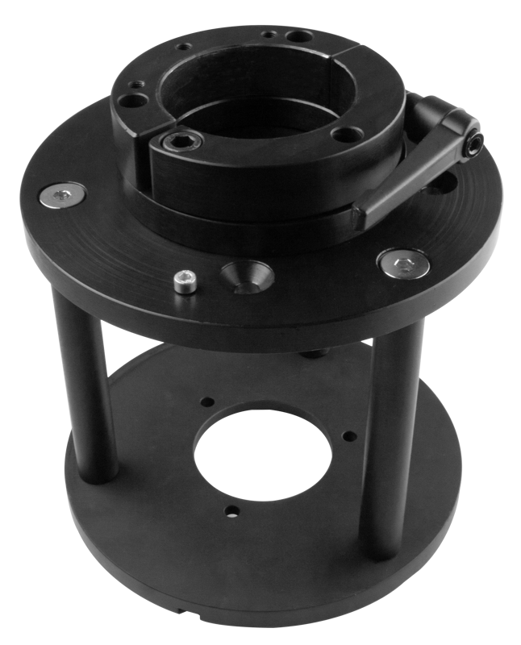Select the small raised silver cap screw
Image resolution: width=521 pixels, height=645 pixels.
point(184,282)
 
